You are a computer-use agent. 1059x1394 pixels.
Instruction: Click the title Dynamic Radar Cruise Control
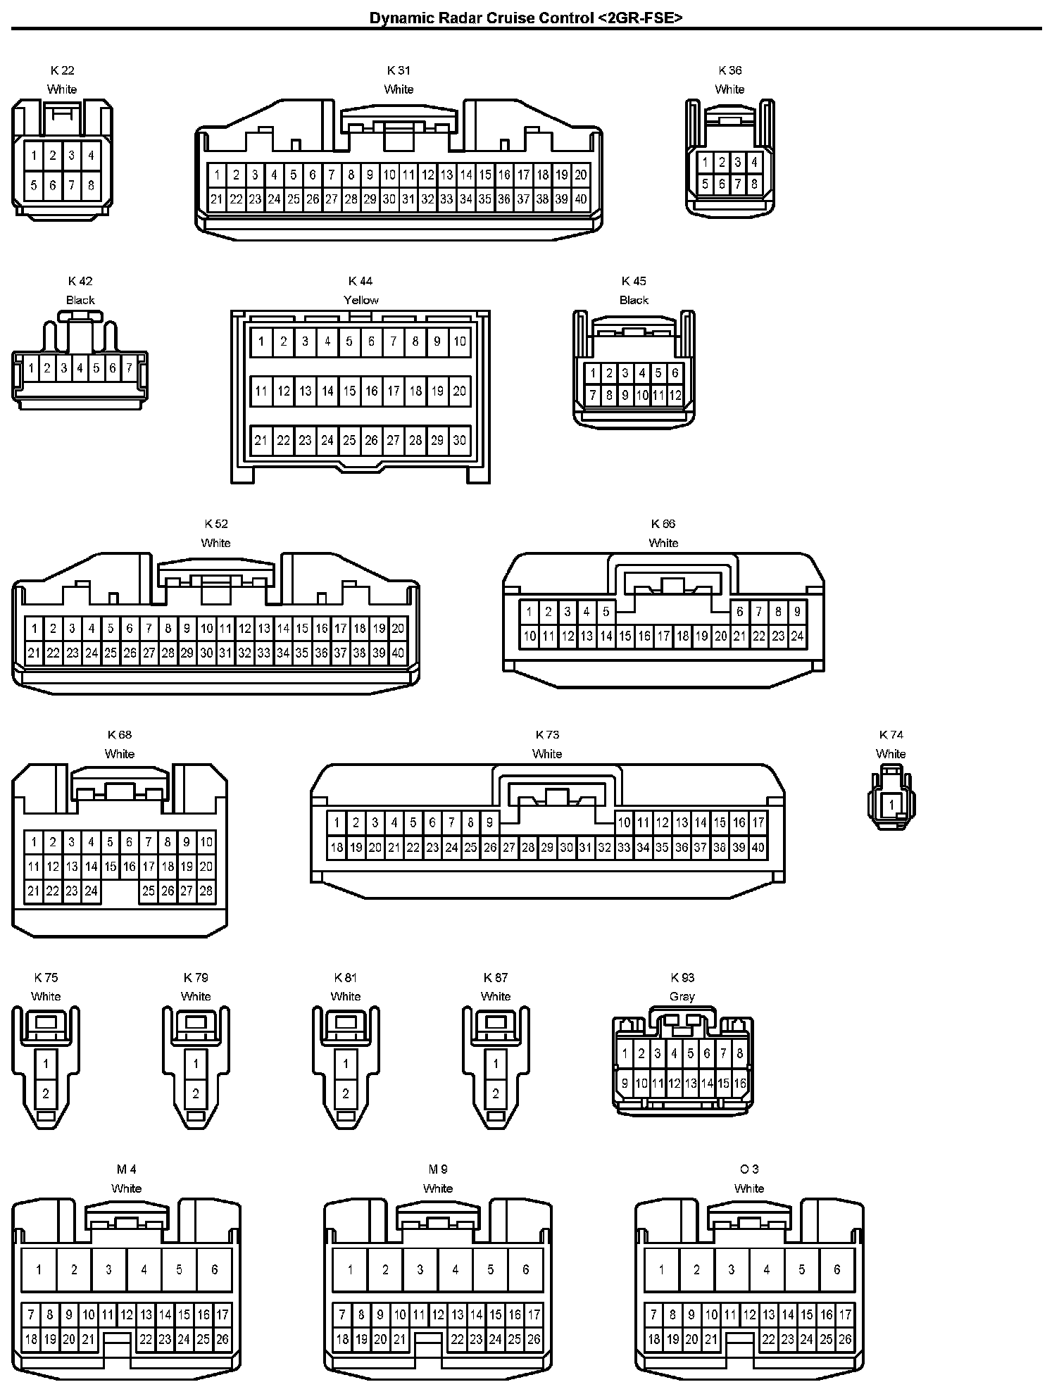click(526, 18)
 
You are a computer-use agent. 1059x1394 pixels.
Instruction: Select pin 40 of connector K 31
click(581, 199)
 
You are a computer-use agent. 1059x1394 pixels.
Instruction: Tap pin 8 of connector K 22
click(91, 186)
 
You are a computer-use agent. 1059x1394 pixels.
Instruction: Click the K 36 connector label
click(730, 70)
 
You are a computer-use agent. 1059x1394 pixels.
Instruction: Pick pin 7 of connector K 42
click(130, 368)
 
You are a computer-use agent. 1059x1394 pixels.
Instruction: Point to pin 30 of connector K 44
click(459, 441)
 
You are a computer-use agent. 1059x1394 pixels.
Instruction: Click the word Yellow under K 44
click(361, 300)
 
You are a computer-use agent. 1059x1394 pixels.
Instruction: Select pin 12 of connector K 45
click(675, 395)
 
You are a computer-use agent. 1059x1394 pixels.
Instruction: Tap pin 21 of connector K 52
click(34, 653)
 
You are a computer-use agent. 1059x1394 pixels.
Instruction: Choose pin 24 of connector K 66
click(797, 636)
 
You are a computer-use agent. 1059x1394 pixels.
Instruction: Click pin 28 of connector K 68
click(206, 891)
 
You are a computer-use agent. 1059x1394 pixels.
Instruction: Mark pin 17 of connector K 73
click(758, 822)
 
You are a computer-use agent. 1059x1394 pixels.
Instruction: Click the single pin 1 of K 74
click(892, 805)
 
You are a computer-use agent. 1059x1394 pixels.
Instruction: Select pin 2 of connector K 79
click(196, 1093)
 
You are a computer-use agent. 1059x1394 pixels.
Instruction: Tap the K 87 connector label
click(496, 977)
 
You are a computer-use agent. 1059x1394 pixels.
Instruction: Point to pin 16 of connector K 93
click(740, 1084)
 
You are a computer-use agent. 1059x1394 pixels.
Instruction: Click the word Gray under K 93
click(682, 996)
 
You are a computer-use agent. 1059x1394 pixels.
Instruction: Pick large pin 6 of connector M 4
click(214, 1269)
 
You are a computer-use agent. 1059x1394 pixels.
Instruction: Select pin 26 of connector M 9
click(534, 1339)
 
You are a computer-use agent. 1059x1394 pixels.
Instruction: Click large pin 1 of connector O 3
click(661, 1269)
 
